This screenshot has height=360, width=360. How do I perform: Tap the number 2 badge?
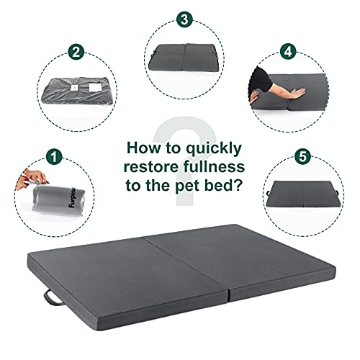pyautogui.click(x=74, y=52)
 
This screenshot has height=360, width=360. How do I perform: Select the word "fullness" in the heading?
pyautogui.click(x=215, y=167)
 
